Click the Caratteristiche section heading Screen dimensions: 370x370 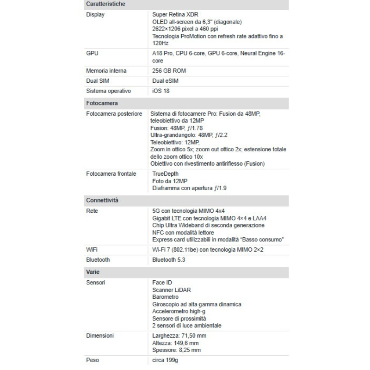(x=105, y=4)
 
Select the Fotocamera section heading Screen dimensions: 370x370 (x=102, y=103)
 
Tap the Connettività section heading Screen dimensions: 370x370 (x=102, y=200)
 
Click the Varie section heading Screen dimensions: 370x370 (x=93, y=272)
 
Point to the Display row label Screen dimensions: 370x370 (x=95, y=14)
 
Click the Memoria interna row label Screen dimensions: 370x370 (x=106, y=71)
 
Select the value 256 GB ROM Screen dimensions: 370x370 (x=169, y=71)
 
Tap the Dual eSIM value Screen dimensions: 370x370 (x=165, y=81)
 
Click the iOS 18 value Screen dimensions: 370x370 (x=161, y=91)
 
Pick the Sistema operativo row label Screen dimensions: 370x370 (x=109, y=91)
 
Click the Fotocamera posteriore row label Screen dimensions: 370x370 (x=114, y=113)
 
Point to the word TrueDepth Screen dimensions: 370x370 (x=166, y=173)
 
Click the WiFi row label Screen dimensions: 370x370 (x=92, y=250)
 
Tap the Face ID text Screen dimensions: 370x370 (x=162, y=282)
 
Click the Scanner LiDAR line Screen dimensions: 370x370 (x=171, y=290)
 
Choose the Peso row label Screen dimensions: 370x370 (x=92, y=360)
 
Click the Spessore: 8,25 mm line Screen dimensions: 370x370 (x=176, y=350)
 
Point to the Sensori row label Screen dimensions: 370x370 (x=96, y=282)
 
